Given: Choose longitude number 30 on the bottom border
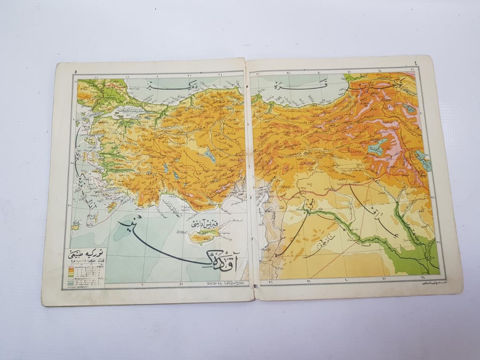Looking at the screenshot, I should click(x=143, y=285).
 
